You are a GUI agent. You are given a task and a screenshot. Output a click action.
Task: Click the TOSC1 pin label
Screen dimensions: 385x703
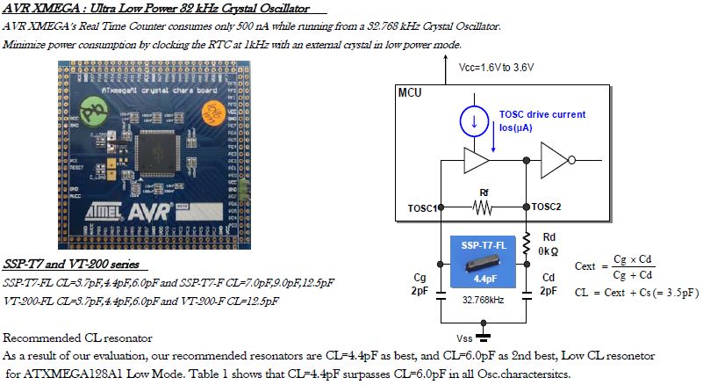(x=420, y=207)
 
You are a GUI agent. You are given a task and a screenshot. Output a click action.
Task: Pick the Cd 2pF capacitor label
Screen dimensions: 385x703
(x=548, y=283)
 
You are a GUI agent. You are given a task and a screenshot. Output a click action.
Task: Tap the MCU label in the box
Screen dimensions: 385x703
(x=411, y=92)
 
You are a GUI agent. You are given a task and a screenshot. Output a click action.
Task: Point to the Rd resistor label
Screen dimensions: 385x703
(x=549, y=237)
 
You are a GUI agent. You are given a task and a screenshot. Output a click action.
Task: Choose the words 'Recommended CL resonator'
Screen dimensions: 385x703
(x=78, y=338)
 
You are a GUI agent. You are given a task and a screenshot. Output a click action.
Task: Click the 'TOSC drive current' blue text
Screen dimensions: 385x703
(x=542, y=114)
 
